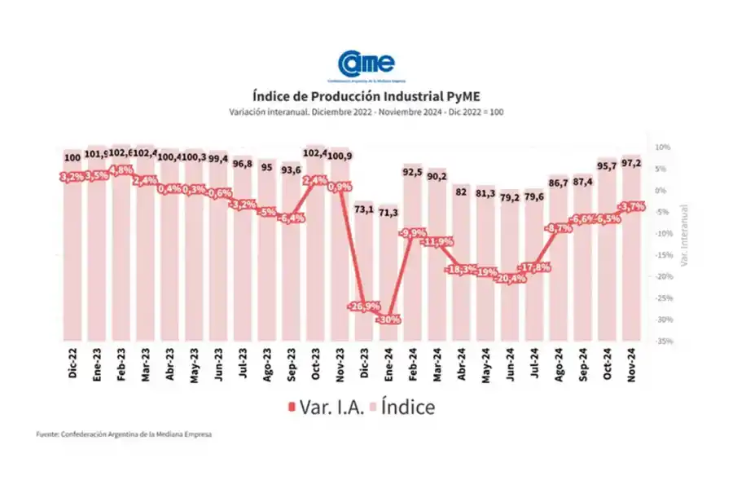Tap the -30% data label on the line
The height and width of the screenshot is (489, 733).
[x=389, y=319]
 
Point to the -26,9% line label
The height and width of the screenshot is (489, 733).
[x=365, y=306]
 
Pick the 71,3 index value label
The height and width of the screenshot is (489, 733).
[x=389, y=212]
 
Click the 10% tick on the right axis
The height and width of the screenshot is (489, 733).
[x=662, y=148]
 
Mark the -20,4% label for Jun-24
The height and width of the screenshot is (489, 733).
[x=511, y=279]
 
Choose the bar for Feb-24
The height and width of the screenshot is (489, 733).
[x=414, y=253]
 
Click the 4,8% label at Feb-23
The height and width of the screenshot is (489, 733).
[x=121, y=170]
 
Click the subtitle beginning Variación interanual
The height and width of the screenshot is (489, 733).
[x=366, y=111]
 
